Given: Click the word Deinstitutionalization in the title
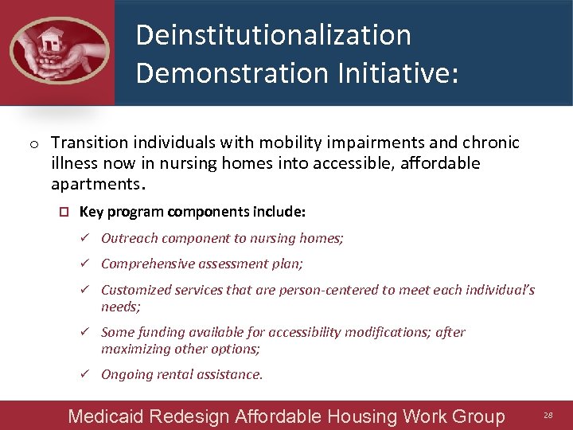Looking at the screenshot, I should pos(273,35).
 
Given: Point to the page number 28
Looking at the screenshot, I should pos(548,416).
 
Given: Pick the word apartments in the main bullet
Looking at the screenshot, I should pos(95,184).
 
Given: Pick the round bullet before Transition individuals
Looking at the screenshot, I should pos(34,144).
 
